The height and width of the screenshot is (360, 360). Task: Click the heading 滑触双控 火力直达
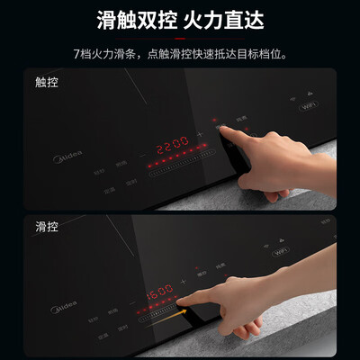[180, 19]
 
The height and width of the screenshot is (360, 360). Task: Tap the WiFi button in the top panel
[309, 105]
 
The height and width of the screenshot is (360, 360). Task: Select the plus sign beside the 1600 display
[184, 283]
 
